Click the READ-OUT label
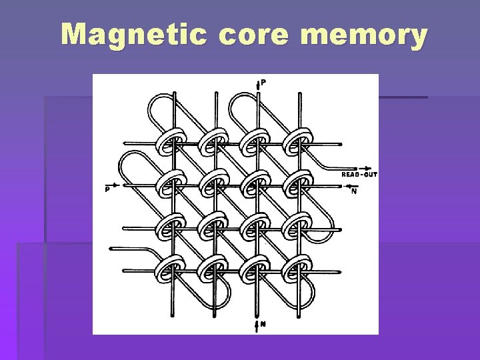(359, 174)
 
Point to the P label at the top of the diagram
(265, 83)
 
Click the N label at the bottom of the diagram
(263, 325)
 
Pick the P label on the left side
(107, 189)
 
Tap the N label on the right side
(354, 191)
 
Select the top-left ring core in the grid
(169, 142)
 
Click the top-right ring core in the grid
(297, 142)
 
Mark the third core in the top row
(255, 142)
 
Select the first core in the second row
(169, 184)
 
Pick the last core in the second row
(297, 184)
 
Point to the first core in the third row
(169, 227)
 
